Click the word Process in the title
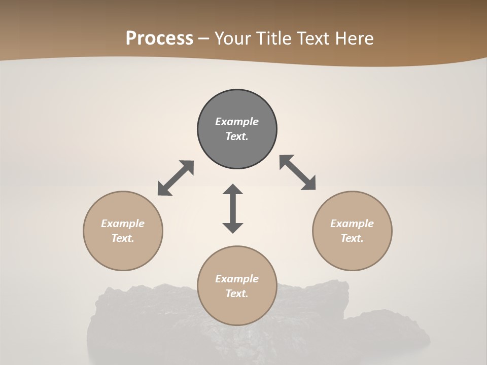pyautogui.click(x=159, y=39)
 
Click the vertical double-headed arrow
pyautogui.click(x=233, y=208)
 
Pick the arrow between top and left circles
pyautogui.click(x=176, y=178)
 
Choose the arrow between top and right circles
pyautogui.click(x=298, y=172)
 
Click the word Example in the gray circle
pyautogui.click(x=237, y=122)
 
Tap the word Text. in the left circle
pyautogui.click(x=123, y=238)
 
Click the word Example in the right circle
pyautogui.click(x=352, y=224)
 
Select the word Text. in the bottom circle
pyautogui.click(x=237, y=294)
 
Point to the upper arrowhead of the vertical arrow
pyautogui.click(x=233, y=189)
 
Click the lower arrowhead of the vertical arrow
pyautogui.click(x=233, y=228)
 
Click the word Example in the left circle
pyautogui.click(x=123, y=224)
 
